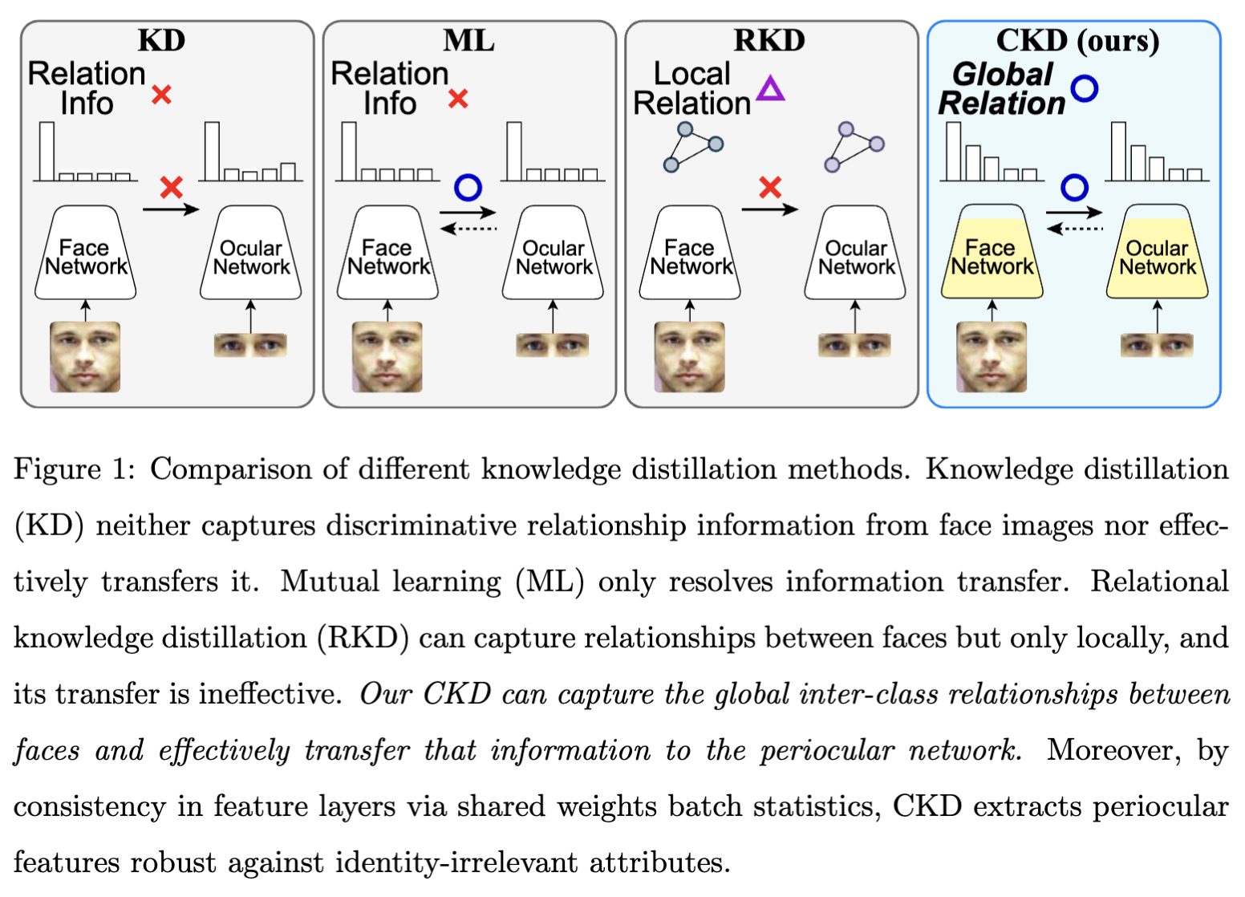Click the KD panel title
[x=161, y=40]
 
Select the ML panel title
[x=468, y=40]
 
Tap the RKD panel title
[x=769, y=40]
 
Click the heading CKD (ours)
[x=1077, y=40]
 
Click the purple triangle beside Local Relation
[x=770, y=89]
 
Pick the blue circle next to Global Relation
[x=1084, y=88]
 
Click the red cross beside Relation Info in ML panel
[x=458, y=99]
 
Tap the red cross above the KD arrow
[x=171, y=188]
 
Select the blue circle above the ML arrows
[x=468, y=188]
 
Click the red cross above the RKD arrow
[x=770, y=188]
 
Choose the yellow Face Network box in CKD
[x=992, y=254]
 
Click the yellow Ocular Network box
[x=1157, y=254]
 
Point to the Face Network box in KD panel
[x=85, y=254]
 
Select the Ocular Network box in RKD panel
[x=855, y=254]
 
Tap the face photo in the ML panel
[x=387, y=357]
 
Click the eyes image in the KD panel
[x=250, y=346]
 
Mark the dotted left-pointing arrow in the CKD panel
[x=1075, y=229]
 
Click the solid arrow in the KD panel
[x=170, y=210]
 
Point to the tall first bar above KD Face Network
[x=47, y=152]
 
